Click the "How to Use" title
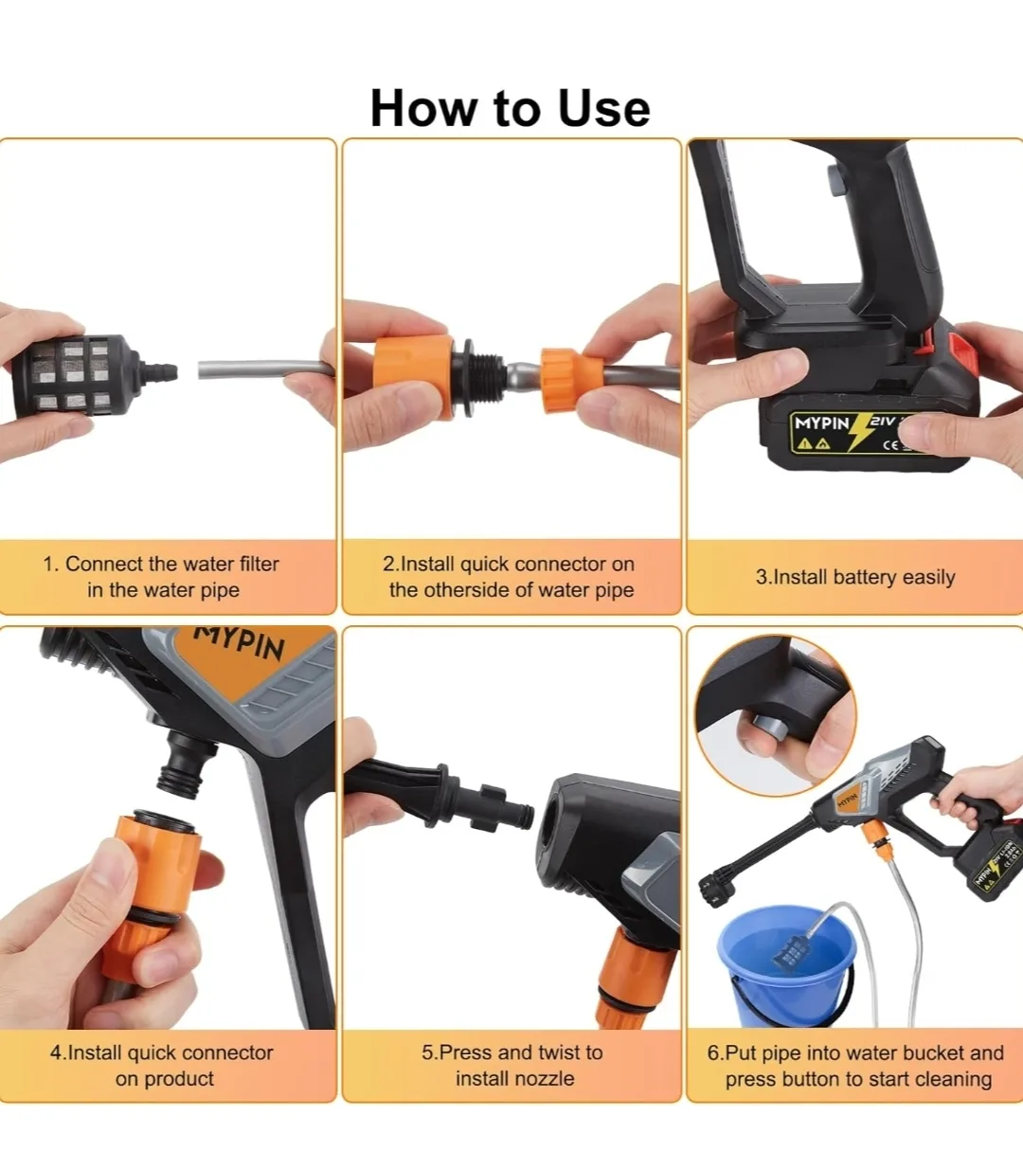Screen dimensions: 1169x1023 pyautogui.click(x=510, y=108)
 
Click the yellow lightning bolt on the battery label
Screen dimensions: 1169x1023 pyautogui.click(x=860, y=431)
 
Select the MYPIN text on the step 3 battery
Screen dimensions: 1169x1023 pyautogui.click(x=821, y=423)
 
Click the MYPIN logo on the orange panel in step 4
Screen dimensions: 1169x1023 pyautogui.click(x=241, y=642)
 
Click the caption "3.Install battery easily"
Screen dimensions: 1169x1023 pyautogui.click(x=855, y=577)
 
